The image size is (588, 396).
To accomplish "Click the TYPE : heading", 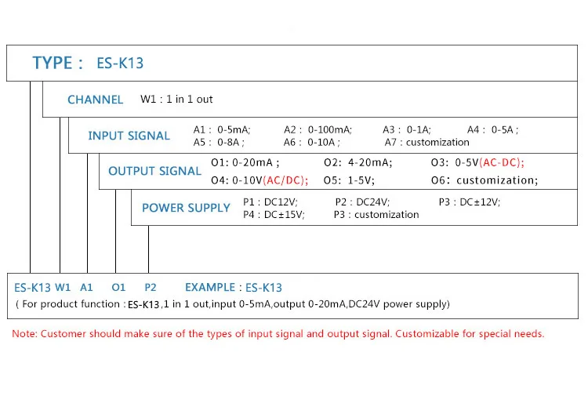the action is click(x=57, y=64).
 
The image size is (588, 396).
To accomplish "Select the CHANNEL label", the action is click(x=95, y=100).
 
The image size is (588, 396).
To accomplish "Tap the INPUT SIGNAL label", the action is click(x=129, y=136).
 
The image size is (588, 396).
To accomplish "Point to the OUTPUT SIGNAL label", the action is click(x=154, y=171).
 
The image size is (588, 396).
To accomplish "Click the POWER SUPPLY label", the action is click(x=186, y=208).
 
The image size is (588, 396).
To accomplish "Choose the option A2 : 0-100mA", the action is click(x=318, y=129).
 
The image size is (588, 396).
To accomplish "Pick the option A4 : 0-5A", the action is click(x=492, y=129).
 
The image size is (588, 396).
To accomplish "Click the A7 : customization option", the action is click(x=426, y=142).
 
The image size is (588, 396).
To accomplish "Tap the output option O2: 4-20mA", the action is click(x=358, y=162).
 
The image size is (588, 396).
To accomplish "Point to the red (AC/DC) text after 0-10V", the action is click(x=285, y=180).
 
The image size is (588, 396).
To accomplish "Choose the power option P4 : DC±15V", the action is click(x=274, y=214).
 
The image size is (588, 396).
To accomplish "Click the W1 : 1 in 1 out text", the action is click(x=176, y=100).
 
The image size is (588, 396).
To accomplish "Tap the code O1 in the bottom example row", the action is click(x=118, y=288).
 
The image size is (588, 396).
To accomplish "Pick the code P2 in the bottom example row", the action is click(x=151, y=288).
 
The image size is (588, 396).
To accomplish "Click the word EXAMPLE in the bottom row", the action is click(x=209, y=288).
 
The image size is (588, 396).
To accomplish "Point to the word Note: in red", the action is click(x=24, y=334).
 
